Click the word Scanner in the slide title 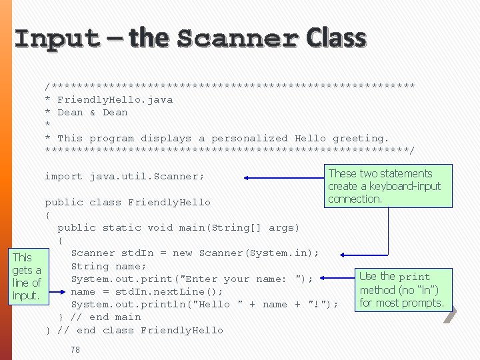tap(237, 39)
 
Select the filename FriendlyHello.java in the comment tap(115, 99)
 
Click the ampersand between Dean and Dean tap(92, 112)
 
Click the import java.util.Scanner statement tap(124, 177)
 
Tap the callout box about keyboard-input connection tap(385, 186)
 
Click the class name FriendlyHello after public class tap(169, 202)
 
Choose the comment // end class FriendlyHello tap(140, 330)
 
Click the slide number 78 tap(75, 349)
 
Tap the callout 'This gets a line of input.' tap(26, 276)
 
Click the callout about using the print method tap(401, 289)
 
